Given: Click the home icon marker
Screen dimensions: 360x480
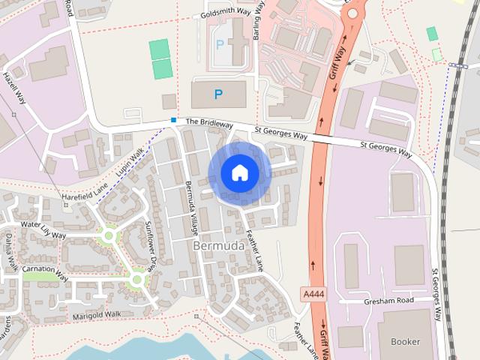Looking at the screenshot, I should coord(240,173).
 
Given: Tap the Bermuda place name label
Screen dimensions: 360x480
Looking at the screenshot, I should coord(218,246).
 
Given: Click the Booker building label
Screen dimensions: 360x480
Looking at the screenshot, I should coord(405,341).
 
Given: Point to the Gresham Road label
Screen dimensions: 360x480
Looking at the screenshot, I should coord(389,301).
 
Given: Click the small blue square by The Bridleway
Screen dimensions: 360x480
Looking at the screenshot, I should coord(174,120).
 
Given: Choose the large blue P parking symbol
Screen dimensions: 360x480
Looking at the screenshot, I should coord(218,94).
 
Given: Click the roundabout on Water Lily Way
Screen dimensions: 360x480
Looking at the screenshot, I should coord(109,236).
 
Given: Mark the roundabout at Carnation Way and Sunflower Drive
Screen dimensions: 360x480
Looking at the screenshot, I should coord(136,280).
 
